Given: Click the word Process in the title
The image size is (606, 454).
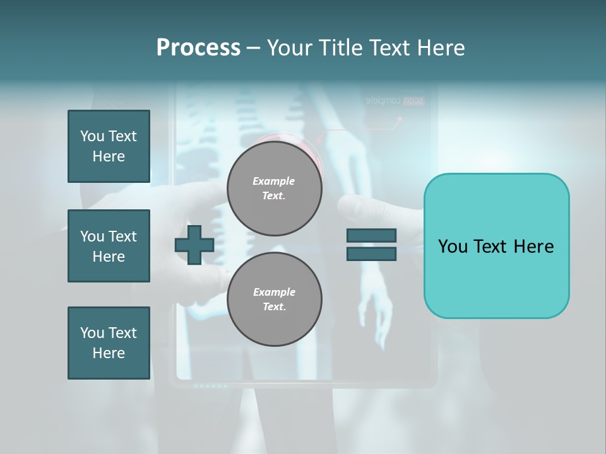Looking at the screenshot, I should pyautogui.click(x=198, y=48).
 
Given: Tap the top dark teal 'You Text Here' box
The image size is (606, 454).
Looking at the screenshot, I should pyautogui.click(x=109, y=146).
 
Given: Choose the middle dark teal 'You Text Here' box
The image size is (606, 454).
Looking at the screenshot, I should pyautogui.click(x=109, y=246).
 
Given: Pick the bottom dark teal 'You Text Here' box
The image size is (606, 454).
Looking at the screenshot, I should pyautogui.click(x=109, y=343).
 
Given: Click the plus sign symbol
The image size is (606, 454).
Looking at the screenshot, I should pyautogui.click(x=194, y=246).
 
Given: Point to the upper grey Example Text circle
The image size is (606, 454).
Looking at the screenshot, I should pyautogui.click(x=274, y=188).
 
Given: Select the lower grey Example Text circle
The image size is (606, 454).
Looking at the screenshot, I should pyautogui.click(x=274, y=299).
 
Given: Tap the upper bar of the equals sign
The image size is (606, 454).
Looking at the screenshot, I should pyautogui.click(x=371, y=236).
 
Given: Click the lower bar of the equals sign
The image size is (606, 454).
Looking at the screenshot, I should pyautogui.click(x=371, y=254).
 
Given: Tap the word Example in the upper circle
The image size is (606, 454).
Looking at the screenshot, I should pyautogui.click(x=274, y=181).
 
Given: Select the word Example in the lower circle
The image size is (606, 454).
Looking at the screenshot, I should pyautogui.click(x=274, y=292).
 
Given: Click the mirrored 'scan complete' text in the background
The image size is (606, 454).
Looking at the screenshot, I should pyautogui.click(x=395, y=100).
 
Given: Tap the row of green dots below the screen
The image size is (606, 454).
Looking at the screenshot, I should pyautogui.click(x=210, y=385).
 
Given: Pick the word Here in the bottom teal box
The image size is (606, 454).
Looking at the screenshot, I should pyautogui.click(x=109, y=353).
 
